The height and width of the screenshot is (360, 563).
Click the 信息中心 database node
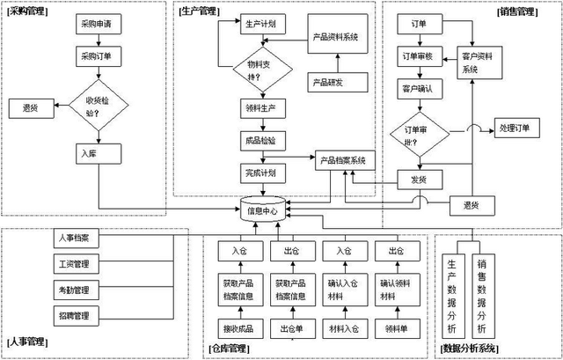pos(261,210)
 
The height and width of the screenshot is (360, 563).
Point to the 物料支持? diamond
pos(255,70)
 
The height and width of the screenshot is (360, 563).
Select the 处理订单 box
pos(515,129)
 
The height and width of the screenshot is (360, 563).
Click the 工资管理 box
pos(80,263)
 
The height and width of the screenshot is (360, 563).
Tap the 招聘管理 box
pos(80,314)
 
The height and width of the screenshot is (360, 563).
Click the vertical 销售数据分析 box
pos(481,295)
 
